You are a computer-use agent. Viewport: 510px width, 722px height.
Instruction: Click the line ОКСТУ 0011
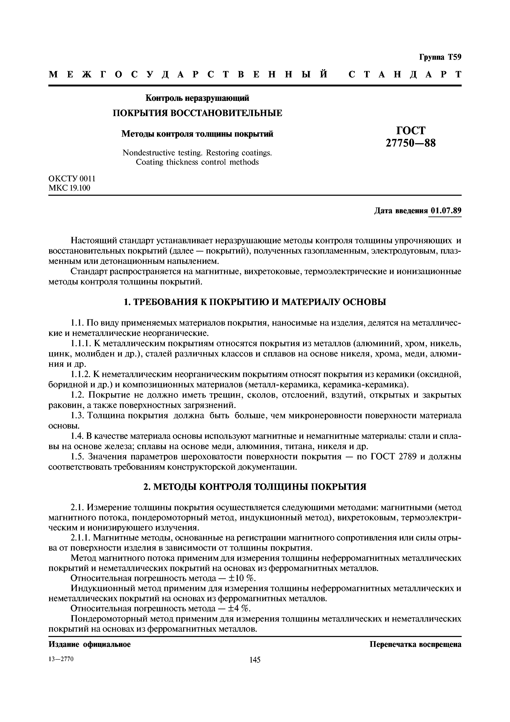coord(72,179)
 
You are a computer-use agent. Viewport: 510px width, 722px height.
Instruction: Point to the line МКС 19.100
coord(70,188)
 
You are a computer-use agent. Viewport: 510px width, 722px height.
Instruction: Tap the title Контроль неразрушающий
coord(197,98)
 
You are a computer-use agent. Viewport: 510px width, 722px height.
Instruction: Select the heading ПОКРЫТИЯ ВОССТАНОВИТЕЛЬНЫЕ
coord(197,113)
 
